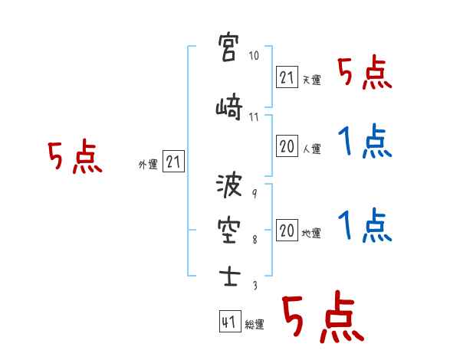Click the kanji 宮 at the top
228,47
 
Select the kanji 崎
229,106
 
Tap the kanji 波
229,185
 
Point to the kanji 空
229,231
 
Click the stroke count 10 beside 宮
254,55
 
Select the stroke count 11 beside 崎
254,117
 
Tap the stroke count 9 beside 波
255,194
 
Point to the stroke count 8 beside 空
255,240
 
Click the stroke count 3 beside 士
255,285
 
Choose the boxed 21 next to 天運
287,77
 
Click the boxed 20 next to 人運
287,146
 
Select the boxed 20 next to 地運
287,230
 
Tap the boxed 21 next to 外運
173,162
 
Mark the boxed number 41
230,321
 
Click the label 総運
255,325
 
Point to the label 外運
148,165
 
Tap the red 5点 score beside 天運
365,73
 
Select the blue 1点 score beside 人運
365,141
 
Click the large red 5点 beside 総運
324,316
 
